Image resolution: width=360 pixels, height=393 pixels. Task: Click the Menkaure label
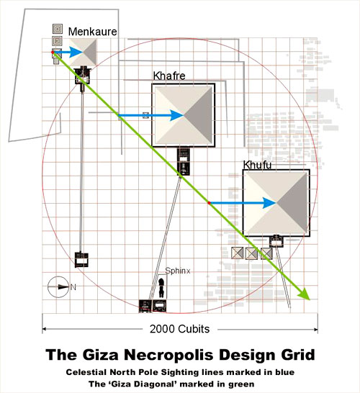[92, 32]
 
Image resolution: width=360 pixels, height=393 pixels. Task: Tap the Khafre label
[169, 76]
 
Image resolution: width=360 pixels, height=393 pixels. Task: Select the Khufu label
[257, 165]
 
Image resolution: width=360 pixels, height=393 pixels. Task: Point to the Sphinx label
[178, 271]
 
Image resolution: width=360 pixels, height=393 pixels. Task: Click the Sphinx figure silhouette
[162, 287]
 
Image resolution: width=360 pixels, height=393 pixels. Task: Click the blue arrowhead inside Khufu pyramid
[269, 203]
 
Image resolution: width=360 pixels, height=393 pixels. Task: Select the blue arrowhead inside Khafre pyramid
[177, 115]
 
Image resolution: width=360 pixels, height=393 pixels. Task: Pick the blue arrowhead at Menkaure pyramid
[76, 52]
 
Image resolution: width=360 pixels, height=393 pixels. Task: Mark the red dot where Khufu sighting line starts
[209, 203]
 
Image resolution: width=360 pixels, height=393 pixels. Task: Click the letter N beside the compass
[73, 287]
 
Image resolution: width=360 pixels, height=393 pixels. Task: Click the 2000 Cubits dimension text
[179, 329]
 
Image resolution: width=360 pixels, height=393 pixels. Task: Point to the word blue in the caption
[285, 372]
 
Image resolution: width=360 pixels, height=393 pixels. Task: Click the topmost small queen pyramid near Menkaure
[58, 29]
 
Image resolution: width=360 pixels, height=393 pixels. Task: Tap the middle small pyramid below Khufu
[251, 253]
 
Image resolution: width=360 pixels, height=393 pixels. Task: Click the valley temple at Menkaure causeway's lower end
[81, 259]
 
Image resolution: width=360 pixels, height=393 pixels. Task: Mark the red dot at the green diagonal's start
[53, 52]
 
